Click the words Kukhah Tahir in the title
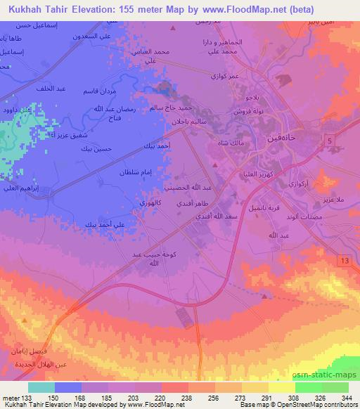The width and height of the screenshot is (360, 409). point(35,8)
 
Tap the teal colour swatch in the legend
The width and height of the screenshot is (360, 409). point(41,387)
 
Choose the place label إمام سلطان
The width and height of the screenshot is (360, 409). point(136,172)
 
